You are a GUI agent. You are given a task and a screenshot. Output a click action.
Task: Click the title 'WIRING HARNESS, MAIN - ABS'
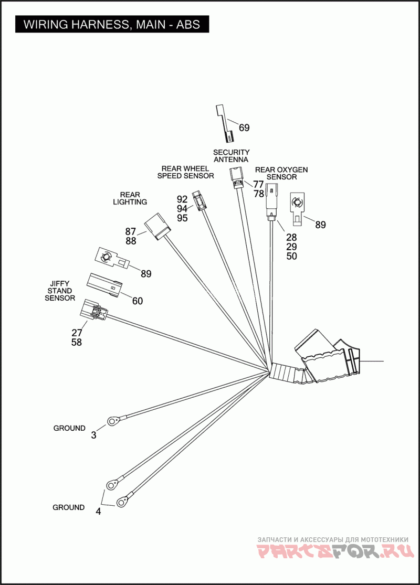[112, 25]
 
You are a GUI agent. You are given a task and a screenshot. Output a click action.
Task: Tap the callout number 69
[244, 127]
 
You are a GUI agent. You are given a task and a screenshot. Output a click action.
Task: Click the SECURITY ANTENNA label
[231, 156]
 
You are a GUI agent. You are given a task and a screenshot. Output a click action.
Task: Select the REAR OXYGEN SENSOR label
[281, 173]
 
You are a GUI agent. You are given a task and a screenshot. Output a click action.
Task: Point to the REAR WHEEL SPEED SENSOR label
[185, 172]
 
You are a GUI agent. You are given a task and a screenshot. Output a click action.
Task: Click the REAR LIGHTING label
[130, 198]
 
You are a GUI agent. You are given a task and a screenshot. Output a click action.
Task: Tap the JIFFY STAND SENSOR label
[59, 291]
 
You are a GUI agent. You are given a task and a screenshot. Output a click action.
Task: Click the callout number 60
[137, 301]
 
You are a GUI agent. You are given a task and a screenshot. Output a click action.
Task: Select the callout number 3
[93, 435]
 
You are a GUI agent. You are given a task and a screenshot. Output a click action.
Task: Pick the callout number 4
[98, 512]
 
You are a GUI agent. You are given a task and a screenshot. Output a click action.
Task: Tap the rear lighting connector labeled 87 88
[158, 227]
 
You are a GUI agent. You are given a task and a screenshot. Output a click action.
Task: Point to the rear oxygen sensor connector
[271, 200]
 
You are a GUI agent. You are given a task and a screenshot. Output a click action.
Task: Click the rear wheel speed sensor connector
[198, 200]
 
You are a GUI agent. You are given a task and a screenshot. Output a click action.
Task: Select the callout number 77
[258, 184]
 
